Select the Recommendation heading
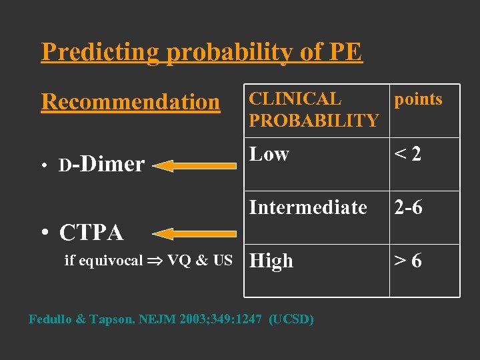tap(130, 102)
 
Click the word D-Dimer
tap(101, 164)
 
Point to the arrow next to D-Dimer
tap(194, 165)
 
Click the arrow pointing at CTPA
tap(194, 233)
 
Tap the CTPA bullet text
tap(91, 233)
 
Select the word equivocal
tap(110, 261)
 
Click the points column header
tap(418, 99)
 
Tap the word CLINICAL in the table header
tap(295, 99)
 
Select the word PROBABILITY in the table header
tap(313, 121)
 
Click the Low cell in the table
tap(269, 154)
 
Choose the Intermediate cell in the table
tap(308, 207)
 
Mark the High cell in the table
tap(271, 261)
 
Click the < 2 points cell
tap(408, 155)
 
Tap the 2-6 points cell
tap(408, 207)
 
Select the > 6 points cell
tap(408, 261)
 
